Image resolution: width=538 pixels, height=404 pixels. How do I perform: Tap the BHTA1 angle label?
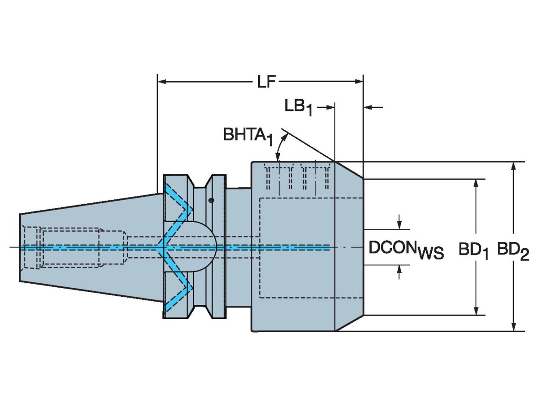coord(248,135)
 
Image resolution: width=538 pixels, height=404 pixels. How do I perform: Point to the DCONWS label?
coord(406,250)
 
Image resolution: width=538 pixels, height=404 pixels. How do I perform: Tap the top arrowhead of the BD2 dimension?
coord(514,167)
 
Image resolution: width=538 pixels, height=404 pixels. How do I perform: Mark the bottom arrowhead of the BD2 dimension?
coord(514,326)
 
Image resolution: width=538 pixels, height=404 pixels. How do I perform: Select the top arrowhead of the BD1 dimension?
coord(476,184)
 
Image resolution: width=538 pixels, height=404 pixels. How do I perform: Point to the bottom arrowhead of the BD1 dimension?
coord(476,310)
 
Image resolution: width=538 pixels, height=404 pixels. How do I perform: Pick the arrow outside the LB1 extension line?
coord(373,107)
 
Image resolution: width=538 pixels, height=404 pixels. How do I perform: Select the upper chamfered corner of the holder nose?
coord(349,170)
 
